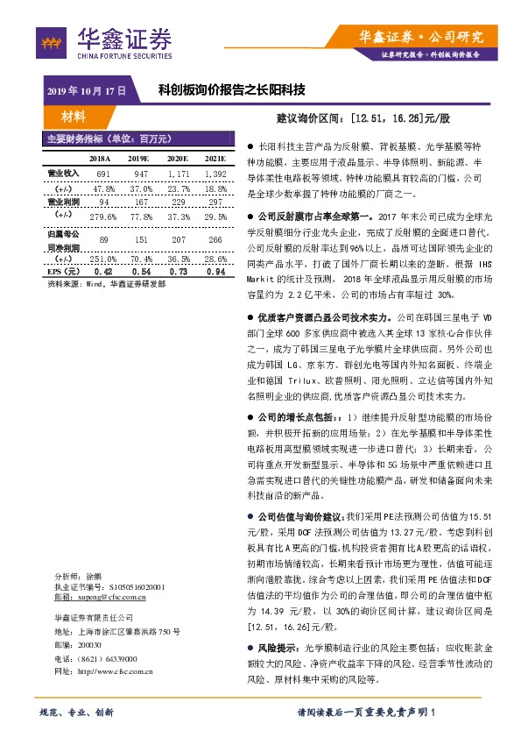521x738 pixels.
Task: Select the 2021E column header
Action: point(215,159)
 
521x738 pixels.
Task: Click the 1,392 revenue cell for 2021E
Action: point(215,175)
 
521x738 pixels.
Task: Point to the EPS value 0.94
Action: point(215,273)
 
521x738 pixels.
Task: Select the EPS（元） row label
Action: point(63,273)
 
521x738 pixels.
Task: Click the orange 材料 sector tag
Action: point(74,117)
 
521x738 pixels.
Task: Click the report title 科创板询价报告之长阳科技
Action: point(231,89)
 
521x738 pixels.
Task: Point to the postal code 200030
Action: point(90,644)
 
